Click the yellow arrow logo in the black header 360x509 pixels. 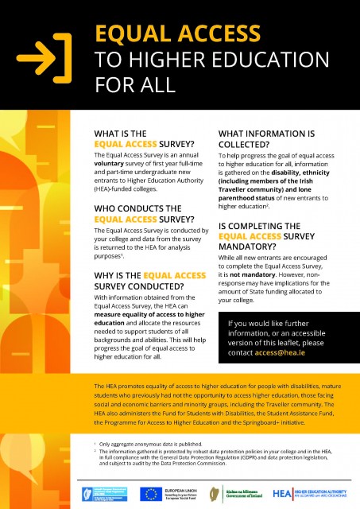tap(49, 54)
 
